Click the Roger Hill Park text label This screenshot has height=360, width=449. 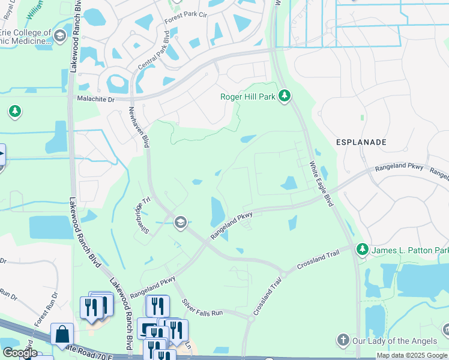pos(247,95)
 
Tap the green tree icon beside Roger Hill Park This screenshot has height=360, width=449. pos(285,95)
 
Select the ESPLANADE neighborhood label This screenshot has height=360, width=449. pos(360,142)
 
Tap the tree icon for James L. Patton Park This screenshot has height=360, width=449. pos(362,248)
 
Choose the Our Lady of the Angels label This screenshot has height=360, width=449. pos(394,341)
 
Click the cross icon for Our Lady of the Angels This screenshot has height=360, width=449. pos(343,340)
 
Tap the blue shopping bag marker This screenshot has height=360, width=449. pos(62,334)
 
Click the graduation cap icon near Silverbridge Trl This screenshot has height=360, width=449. pos(179,223)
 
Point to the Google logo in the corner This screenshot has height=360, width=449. pos(19,352)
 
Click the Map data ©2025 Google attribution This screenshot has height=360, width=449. pos(412,355)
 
